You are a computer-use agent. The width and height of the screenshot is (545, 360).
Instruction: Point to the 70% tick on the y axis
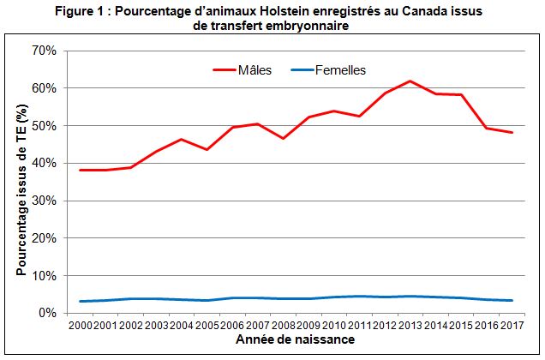point(44,51)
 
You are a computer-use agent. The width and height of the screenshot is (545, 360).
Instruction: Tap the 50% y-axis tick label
point(44,126)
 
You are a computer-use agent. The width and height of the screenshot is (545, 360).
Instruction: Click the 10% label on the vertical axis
point(44,276)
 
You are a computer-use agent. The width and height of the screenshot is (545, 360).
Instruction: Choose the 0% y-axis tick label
point(47,314)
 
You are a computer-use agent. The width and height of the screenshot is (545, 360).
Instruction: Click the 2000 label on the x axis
point(81,326)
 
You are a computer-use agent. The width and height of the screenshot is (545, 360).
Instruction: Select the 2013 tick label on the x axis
point(410,326)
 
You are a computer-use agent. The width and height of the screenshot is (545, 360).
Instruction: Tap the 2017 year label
point(512,326)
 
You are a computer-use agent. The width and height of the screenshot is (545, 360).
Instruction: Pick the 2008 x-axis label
point(284,326)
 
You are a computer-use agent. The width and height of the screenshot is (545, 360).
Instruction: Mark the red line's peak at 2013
point(410,81)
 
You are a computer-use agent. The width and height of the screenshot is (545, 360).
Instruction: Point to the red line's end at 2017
point(512,132)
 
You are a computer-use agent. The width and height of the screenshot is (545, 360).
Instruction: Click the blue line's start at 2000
point(81,302)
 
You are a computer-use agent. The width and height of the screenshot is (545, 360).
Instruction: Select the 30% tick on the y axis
point(44,201)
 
